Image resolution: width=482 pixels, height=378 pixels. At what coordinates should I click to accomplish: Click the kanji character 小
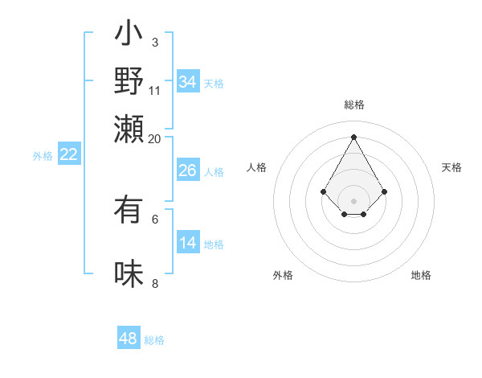(x=129, y=36)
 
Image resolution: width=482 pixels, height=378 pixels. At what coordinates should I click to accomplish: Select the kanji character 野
(x=129, y=82)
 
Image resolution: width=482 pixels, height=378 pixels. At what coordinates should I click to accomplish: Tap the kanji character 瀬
(x=129, y=129)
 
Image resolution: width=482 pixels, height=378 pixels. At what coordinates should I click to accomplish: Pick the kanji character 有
(x=129, y=211)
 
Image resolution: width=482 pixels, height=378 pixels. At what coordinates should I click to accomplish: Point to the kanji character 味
(x=129, y=274)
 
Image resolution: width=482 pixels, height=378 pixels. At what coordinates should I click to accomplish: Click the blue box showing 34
(x=188, y=82)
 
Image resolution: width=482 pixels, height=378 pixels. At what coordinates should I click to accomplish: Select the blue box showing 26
(x=188, y=171)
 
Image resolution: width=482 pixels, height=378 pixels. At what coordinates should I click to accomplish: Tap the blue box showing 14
(x=188, y=244)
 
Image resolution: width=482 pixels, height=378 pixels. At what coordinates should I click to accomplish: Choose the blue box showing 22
(x=69, y=155)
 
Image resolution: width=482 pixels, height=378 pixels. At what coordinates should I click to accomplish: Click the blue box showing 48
(x=129, y=339)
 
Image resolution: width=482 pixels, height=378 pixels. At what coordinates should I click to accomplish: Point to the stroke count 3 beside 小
(x=154, y=42)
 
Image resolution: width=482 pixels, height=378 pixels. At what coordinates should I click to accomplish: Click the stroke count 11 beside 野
(x=155, y=89)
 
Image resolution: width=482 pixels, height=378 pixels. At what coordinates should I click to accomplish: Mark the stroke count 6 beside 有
(x=154, y=218)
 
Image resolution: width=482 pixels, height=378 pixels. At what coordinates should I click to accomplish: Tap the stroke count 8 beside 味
(x=154, y=282)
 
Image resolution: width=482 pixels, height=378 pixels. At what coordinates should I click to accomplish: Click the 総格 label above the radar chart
(x=353, y=105)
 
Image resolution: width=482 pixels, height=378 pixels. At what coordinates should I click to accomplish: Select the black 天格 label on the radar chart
(x=452, y=167)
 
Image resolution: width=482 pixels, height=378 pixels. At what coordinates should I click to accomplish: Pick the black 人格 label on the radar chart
(x=256, y=167)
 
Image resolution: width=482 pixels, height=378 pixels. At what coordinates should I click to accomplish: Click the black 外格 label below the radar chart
(x=283, y=275)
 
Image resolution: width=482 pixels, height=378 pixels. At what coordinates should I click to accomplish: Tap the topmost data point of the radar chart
(x=353, y=137)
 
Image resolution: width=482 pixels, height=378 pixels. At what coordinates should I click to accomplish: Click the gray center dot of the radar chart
(x=353, y=200)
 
